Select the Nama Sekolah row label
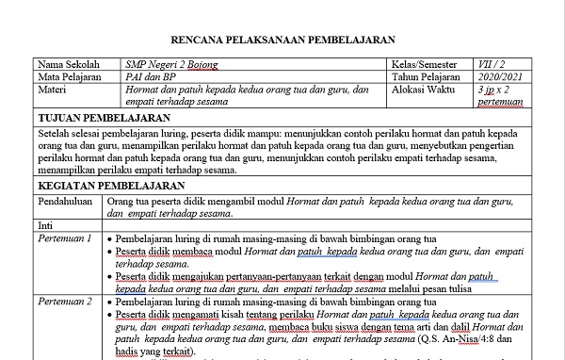[67, 65]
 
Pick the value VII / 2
[492, 65]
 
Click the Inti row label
[44, 226]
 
